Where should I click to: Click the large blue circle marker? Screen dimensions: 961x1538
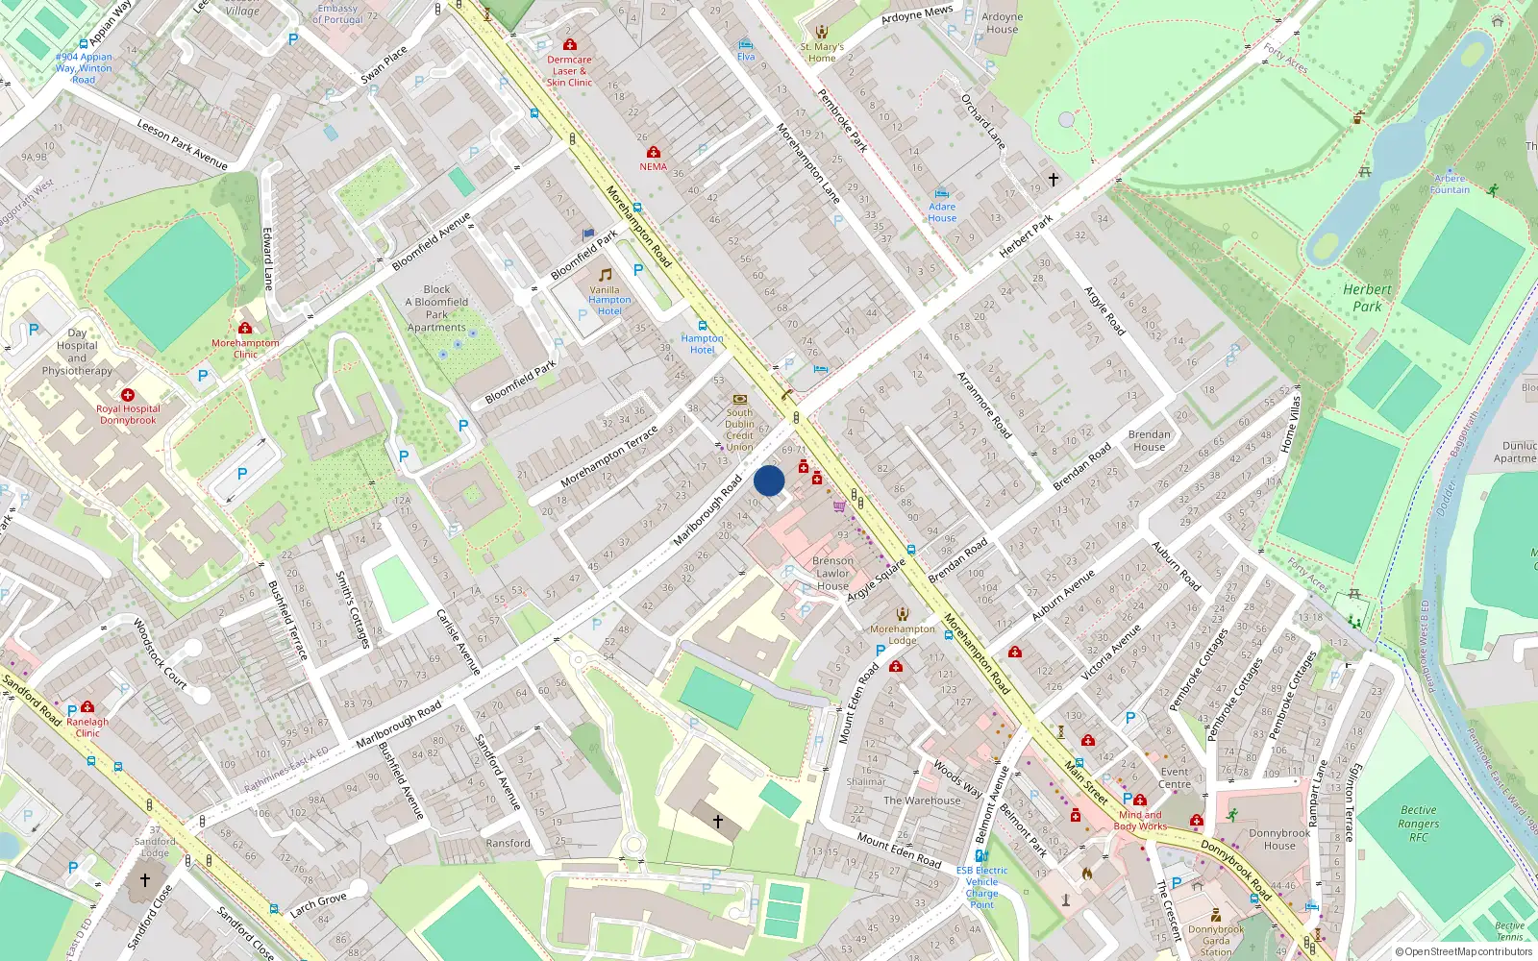[769, 480]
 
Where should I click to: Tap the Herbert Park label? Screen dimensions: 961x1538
[1367, 298]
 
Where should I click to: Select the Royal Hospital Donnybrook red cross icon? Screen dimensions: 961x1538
[128, 395]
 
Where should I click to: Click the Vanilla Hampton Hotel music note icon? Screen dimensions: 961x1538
[605, 275]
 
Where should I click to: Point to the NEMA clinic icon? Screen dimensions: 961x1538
[654, 153]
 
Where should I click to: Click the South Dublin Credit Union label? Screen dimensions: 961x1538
[739, 430]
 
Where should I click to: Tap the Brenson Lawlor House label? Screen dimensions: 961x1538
[832, 573]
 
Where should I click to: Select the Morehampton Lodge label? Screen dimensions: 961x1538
[902, 634]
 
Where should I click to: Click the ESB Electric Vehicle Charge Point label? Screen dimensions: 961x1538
[981, 887]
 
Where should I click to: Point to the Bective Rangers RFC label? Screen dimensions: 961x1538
[1419, 824]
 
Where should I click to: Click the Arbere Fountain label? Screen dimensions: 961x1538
[1450, 184]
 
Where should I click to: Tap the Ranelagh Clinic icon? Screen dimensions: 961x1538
[87, 707]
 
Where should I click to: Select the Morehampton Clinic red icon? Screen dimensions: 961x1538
[245, 329]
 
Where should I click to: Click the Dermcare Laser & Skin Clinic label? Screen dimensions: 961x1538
[569, 71]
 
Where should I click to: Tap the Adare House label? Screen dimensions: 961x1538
[942, 212]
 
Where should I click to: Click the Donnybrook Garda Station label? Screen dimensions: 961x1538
[1216, 941]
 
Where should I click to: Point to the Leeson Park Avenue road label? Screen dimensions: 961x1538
[182, 144]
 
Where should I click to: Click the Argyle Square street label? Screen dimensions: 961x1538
[877, 580]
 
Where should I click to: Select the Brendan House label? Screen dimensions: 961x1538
[1149, 440]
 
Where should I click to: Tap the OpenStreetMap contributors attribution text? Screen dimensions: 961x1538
[1463, 951]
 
